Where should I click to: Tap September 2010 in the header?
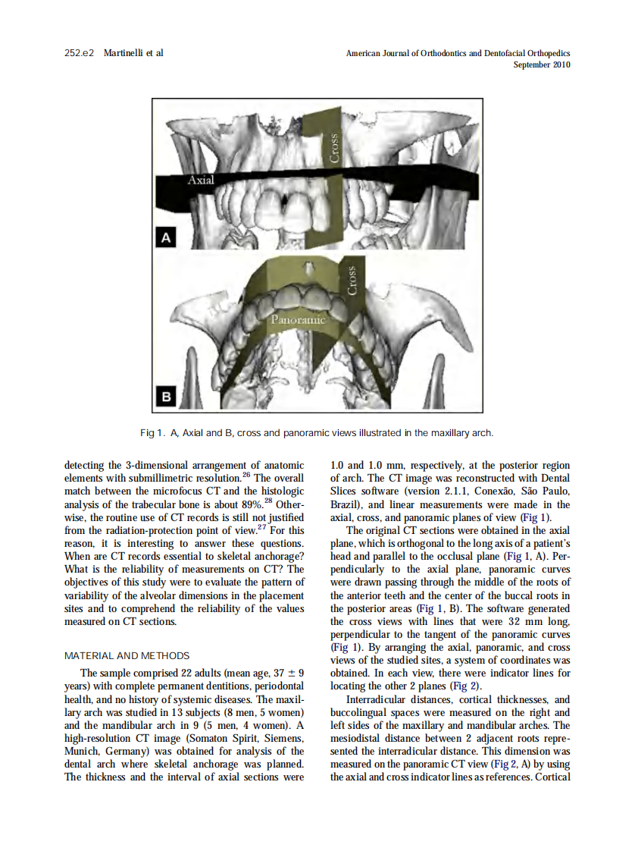pos(541,65)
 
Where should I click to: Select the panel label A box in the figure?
pos(164,238)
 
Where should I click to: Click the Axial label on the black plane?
pos(202,181)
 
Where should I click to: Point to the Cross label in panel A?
pos(335,146)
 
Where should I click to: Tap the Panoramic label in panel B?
pos(298,319)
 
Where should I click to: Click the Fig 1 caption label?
pos(152,433)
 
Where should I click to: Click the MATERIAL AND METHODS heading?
pos(127,656)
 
